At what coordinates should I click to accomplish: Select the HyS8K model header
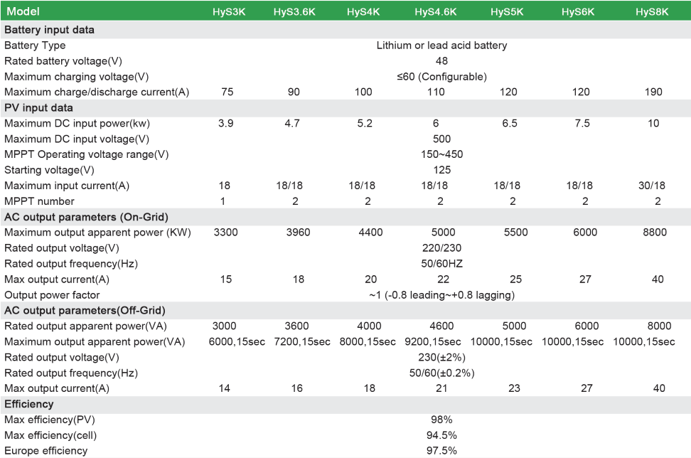point(652,12)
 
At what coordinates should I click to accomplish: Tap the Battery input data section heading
point(49,30)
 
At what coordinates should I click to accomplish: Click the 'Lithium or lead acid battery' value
point(441,46)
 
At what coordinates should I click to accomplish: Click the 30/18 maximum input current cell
point(652,186)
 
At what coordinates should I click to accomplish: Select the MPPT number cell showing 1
point(223,201)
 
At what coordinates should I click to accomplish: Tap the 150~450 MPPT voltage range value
point(441,154)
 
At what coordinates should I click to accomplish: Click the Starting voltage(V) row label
point(49,170)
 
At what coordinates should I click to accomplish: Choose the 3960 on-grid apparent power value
point(299,233)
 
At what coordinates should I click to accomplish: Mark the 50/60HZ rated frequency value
point(441,264)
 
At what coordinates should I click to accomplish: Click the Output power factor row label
point(52,295)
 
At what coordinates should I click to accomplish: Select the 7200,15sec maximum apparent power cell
point(302,342)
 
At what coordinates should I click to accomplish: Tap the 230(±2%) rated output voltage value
point(441,358)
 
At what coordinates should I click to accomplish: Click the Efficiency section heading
point(29,404)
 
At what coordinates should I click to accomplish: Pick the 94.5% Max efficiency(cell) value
point(441,435)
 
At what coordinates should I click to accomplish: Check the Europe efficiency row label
point(46,451)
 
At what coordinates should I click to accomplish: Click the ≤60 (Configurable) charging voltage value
point(441,76)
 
